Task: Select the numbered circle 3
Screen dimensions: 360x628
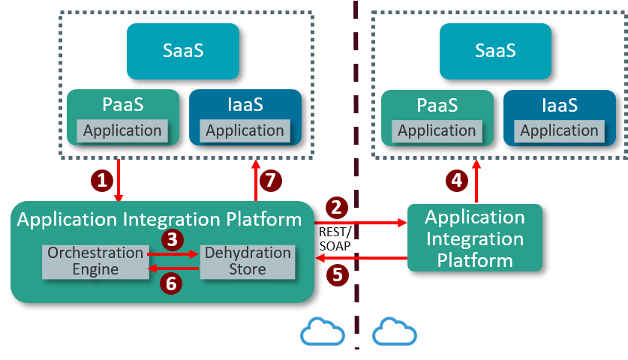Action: tap(173, 239)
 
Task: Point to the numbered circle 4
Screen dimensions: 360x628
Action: tap(455, 180)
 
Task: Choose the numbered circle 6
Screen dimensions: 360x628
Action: tap(172, 283)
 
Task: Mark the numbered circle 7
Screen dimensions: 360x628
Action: tap(273, 180)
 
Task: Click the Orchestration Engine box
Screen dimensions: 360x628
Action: tap(95, 261)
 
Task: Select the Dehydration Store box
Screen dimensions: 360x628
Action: tap(248, 261)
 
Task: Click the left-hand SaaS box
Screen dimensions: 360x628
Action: tap(183, 51)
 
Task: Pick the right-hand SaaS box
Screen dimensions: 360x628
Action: tap(495, 51)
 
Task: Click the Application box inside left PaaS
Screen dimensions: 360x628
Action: tap(122, 130)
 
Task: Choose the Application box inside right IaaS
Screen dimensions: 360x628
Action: tap(559, 130)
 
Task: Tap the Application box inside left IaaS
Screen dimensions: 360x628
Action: tap(245, 130)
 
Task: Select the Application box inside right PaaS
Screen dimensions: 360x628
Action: tap(437, 130)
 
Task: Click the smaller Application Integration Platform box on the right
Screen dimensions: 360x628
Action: tap(474, 238)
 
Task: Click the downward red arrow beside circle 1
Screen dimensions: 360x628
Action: tap(119, 181)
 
